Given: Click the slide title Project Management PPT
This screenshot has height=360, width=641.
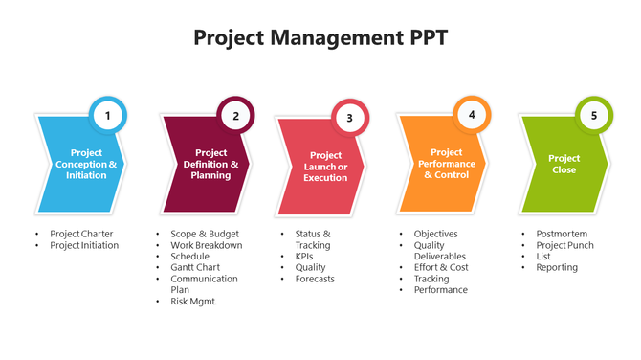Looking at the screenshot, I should (320, 38).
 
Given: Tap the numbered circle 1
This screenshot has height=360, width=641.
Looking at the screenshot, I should (108, 116).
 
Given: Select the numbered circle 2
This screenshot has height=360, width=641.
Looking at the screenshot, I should (235, 116).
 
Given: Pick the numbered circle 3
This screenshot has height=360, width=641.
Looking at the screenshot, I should (349, 119).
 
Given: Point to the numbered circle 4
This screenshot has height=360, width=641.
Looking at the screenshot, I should (472, 114).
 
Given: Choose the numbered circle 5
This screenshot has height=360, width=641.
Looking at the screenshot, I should (594, 116).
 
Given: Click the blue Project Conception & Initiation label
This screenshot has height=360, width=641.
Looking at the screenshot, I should (86, 164).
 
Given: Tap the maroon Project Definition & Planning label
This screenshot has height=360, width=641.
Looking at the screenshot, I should (210, 164).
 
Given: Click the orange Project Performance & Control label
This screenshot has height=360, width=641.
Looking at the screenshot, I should (446, 164).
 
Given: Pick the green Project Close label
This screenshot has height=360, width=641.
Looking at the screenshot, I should (564, 164).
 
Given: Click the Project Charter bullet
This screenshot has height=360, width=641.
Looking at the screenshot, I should (81, 234).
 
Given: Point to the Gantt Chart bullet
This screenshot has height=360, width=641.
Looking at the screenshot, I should (196, 267).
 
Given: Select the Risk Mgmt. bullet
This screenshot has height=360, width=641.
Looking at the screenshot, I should (194, 302).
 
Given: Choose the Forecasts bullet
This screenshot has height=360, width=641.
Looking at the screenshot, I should (315, 280).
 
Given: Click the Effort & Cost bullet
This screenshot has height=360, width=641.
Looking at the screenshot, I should (441, 267).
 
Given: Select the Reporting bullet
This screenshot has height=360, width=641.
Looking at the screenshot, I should (557, 267).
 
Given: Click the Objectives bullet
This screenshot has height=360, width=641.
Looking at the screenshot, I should (435, 234).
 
